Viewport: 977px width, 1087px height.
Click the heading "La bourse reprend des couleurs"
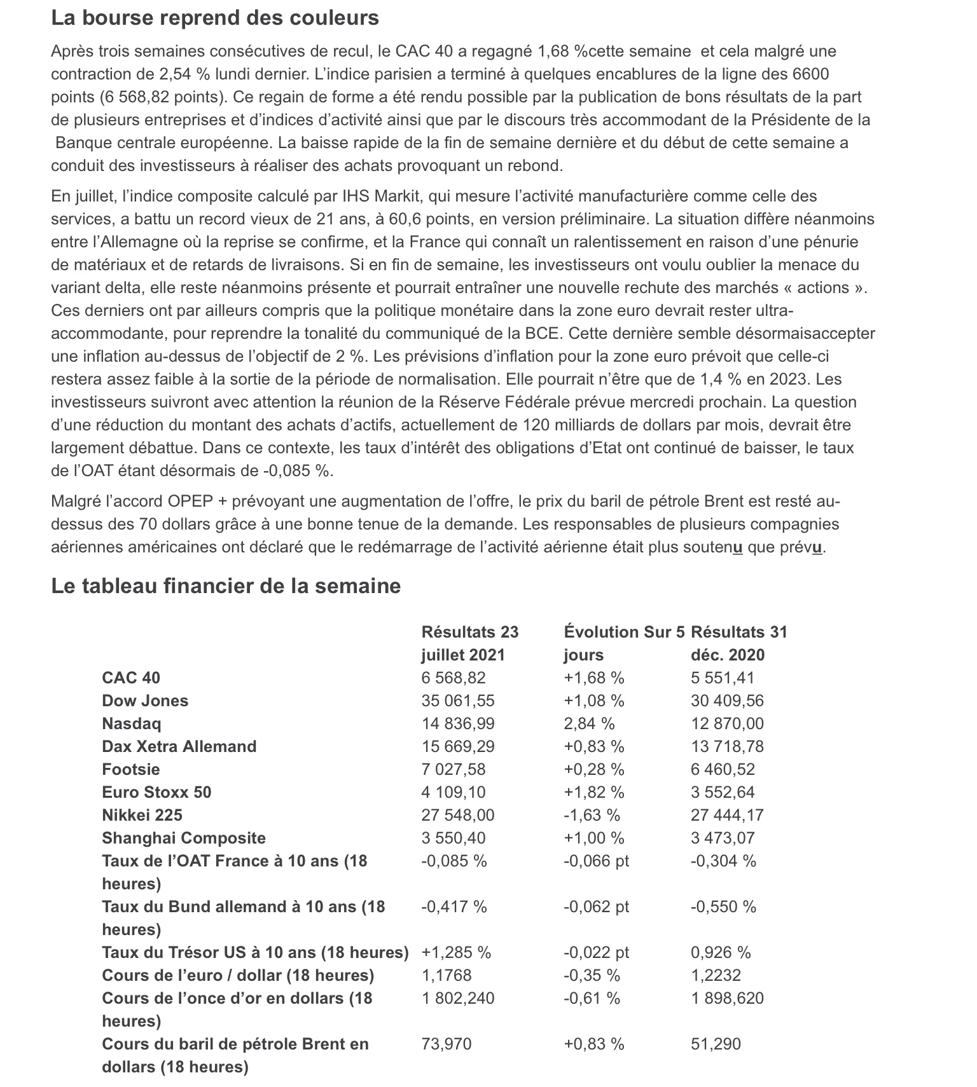click(x=215, y=18)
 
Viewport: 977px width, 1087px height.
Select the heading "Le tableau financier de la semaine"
click(x=226, y=585)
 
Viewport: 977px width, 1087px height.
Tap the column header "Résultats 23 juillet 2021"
click(x=470, y=643)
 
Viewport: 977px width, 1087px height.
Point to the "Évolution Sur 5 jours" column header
click(x=624, y=643)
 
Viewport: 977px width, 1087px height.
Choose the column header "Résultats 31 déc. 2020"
click(x=739, y=643)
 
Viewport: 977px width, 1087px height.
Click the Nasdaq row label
click(x=132, y=723)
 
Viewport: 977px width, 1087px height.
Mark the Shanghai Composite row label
click(x=184, y=838)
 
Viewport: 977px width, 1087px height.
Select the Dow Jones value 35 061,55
click(x=458, y=701)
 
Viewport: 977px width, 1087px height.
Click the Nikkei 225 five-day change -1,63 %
click(x=592, y=815)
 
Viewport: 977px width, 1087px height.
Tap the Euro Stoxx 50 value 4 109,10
click(x=454, y=792)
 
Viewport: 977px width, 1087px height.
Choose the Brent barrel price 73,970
click(x=447, y=1044)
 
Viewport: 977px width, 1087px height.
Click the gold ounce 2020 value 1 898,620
click(x=728, y=998)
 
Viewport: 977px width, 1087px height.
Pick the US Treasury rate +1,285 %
click(x=456, y=952)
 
